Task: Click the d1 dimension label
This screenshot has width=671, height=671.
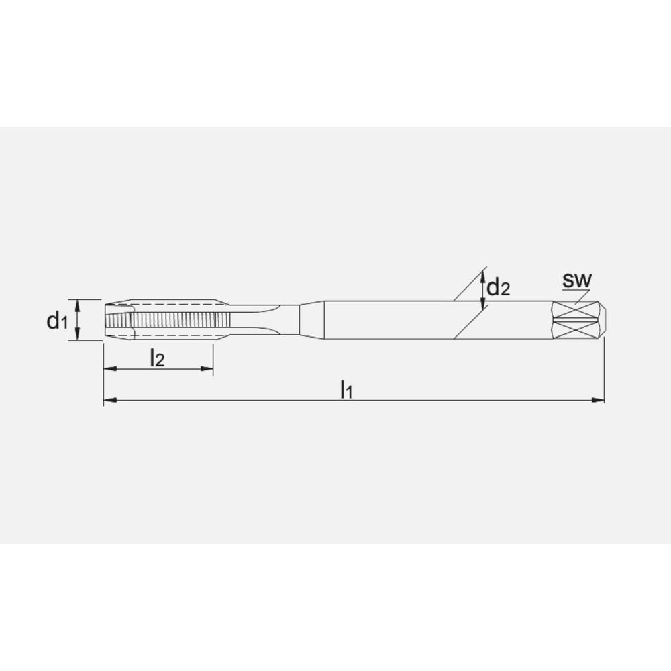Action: (56, 321)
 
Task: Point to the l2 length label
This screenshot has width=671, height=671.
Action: (156, 358)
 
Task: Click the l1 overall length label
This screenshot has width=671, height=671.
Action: (346, 389)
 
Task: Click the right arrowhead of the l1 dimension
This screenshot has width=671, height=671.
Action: (599, 401)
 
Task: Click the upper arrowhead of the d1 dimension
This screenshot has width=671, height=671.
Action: (79, 305)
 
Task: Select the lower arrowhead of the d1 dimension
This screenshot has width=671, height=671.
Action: (79, 336)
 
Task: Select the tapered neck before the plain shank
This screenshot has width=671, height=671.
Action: (310, 319)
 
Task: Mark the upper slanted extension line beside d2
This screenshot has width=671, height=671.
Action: (470, 285)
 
